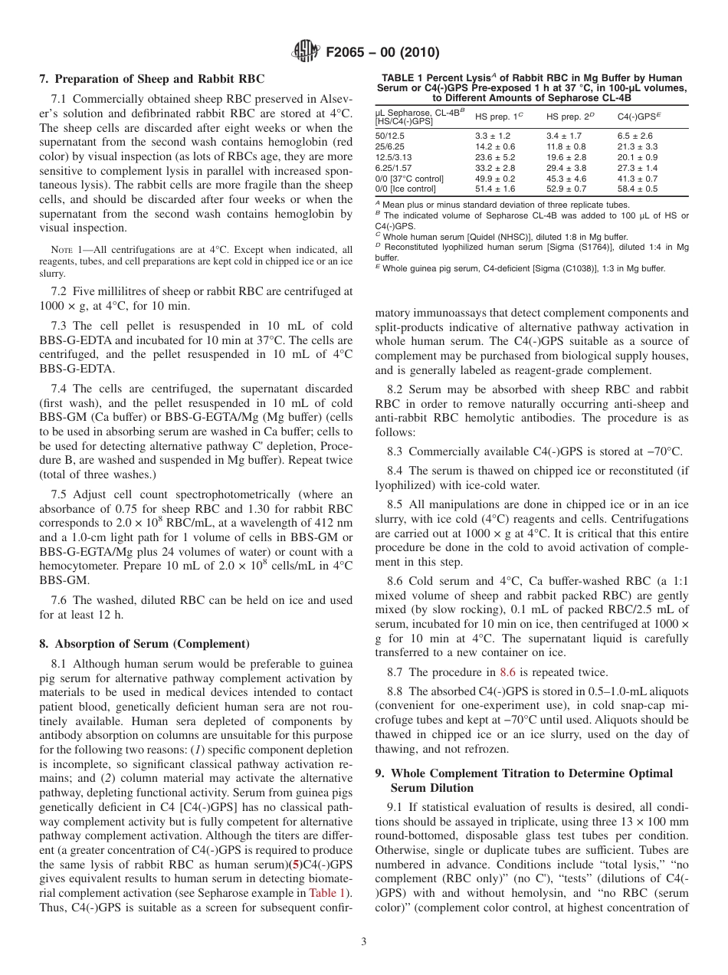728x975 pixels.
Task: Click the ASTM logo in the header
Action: click(307, 52)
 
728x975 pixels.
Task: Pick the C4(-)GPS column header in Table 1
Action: click(636, 117)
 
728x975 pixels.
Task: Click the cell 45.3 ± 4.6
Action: click(566, 178)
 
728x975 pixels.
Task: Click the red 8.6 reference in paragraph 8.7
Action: click(507, 672)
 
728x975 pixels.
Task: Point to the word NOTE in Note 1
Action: click(61, 250)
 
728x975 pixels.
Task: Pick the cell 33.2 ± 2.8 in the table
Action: click(494, 167)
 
